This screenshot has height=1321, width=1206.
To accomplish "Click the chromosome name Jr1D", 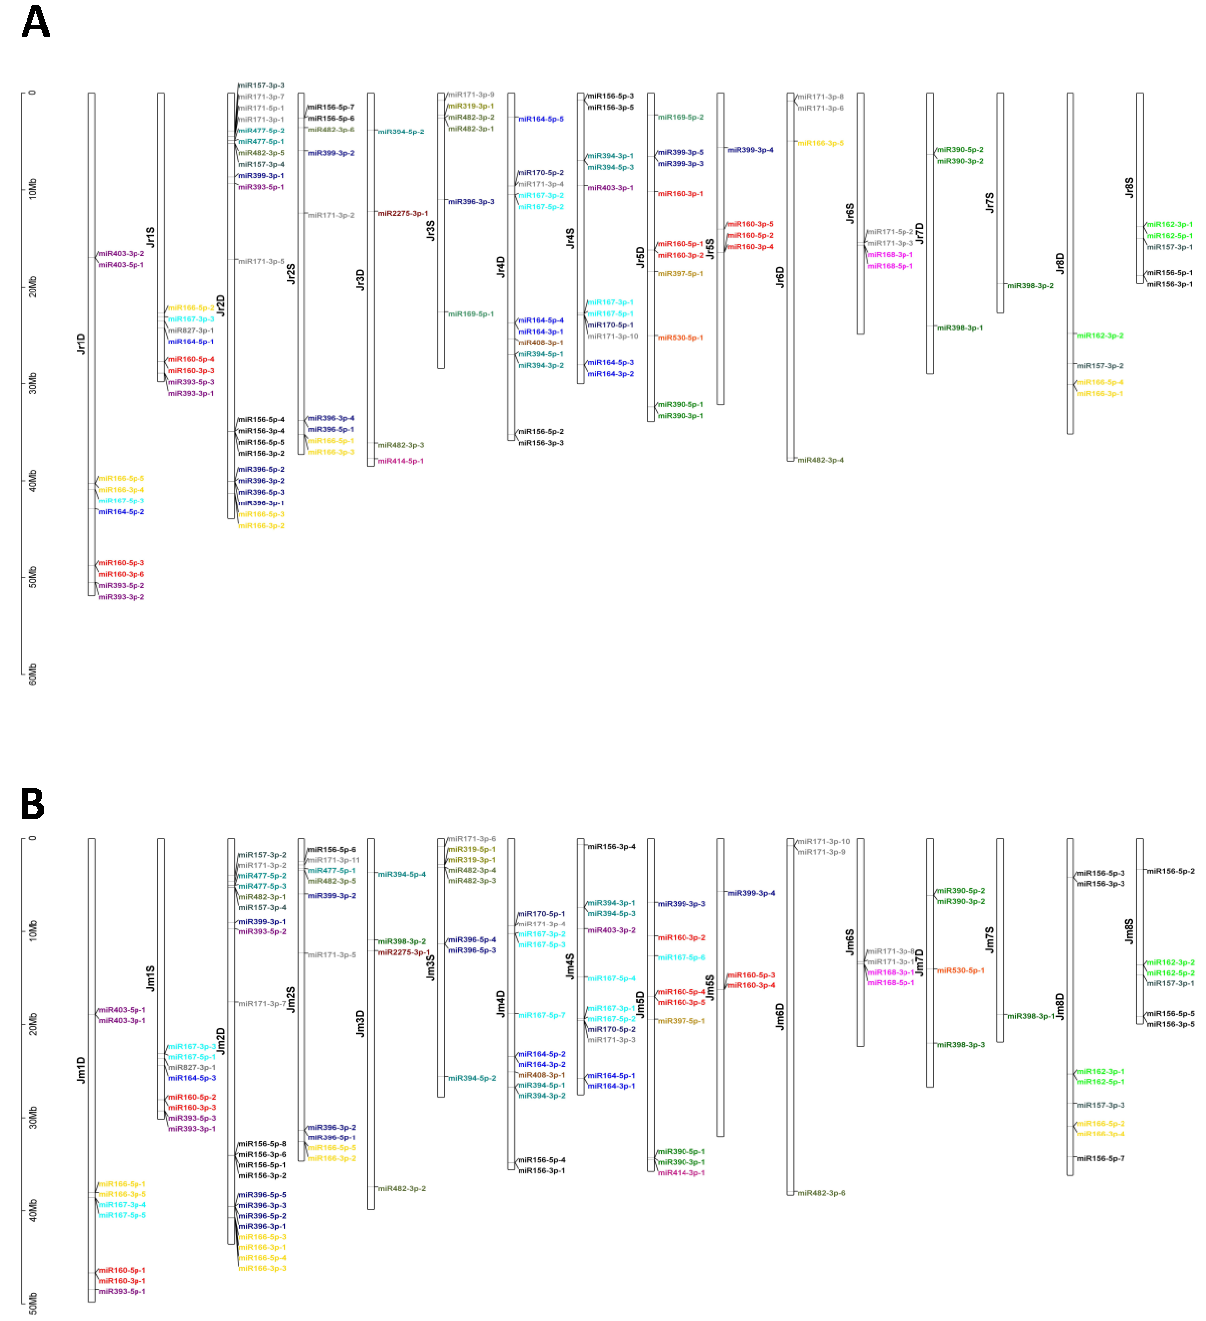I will coord(81,344).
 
